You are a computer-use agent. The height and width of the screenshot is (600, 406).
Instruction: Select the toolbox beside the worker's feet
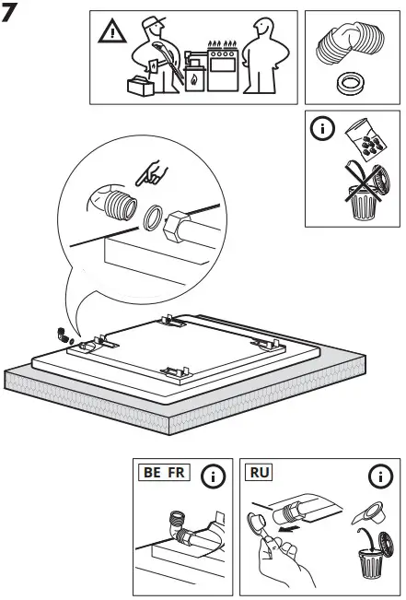pyautogui.click(x=141, y=86)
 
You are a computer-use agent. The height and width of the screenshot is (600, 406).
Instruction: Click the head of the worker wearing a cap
pyautogui.click(x=152, y=27)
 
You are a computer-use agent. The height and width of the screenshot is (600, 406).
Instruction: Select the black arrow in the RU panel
pyautogui.click(x=291, y=531)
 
